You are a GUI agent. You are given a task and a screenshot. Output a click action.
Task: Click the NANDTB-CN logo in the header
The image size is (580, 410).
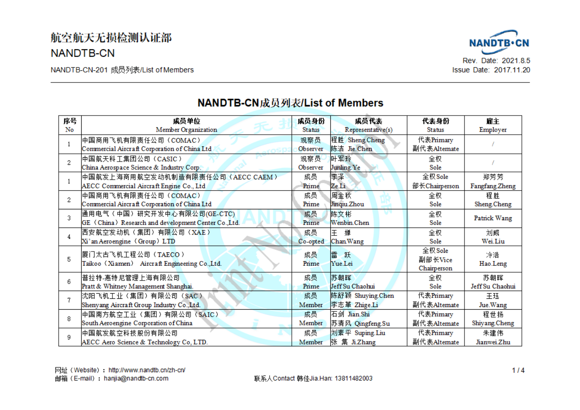coord(499,42)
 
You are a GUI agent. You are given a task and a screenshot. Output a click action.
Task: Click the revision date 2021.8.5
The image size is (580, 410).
coord(516,61)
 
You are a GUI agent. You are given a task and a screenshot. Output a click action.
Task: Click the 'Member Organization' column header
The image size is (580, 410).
coord(186,129)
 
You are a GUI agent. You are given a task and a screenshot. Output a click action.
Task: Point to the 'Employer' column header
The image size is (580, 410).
coord(493,129)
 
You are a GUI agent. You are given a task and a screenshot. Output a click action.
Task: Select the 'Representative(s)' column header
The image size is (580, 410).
coord(368,129)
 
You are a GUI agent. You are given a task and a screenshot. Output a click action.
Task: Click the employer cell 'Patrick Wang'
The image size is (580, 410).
coord(493,218)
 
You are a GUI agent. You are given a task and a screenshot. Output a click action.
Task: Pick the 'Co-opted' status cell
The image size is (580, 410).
coord(311,241)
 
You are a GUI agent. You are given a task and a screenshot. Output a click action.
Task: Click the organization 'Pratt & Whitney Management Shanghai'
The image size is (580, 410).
coord(138,286)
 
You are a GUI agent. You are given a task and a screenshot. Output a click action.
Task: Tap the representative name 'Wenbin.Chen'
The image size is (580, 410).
coord(350,223)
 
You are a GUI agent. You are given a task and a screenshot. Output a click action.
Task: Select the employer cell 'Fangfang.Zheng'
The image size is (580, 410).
coord(493,186)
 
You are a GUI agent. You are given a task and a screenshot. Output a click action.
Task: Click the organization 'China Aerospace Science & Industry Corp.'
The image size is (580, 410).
coord(141,167)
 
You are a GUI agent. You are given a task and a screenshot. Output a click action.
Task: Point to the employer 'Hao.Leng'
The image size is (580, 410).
coord(493,264)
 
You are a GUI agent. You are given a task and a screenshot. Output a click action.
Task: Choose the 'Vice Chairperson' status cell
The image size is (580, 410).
coord(435,260)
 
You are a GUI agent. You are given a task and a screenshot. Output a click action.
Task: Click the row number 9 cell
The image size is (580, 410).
coord(69,337)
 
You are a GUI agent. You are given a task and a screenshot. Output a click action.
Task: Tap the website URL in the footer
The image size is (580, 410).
coord(147,370)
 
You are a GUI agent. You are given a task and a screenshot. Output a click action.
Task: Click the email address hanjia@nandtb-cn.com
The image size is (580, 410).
coord(136,378)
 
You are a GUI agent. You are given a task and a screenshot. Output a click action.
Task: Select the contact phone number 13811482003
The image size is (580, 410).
coord(353,378)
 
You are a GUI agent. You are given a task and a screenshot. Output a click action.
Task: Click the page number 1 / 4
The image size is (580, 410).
coord(518,370)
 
